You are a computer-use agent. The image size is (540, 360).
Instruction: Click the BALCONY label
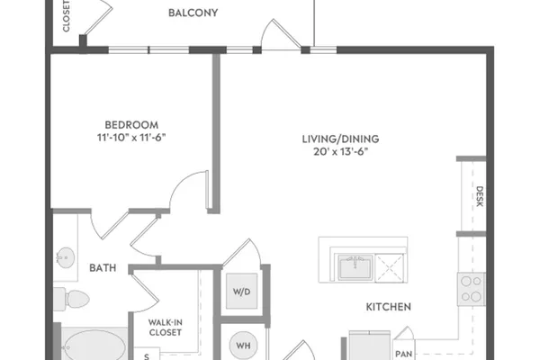coord(193,13)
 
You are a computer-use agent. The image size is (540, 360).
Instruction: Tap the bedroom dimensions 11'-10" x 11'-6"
coord(131,138)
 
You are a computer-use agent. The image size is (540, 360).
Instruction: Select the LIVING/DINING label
coord(340,139)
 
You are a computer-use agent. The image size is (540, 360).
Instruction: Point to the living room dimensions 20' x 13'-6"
coord(340,151)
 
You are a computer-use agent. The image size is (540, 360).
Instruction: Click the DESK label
coord(480,196)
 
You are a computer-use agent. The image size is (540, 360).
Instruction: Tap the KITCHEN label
coord(389,307)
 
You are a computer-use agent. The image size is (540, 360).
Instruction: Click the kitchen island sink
coord(355,267)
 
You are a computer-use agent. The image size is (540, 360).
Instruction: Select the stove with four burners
coord(471,289)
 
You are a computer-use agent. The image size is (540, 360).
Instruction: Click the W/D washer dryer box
coord(241,291)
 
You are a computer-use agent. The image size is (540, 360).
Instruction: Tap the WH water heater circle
coord(243,346)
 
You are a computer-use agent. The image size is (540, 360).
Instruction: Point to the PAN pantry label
coord(403,354)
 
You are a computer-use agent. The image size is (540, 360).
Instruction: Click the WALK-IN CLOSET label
coord(166,328)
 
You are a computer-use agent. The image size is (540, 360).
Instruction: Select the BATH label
coord(103,267)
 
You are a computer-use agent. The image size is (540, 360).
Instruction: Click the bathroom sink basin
coord(66,257)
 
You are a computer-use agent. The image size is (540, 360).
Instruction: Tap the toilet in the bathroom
coord(72,299)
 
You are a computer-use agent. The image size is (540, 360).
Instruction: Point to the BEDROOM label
coord(131,125)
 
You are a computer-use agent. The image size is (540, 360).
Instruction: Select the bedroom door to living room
coord(189,190)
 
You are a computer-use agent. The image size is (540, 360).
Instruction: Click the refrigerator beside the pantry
coord(370,346)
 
